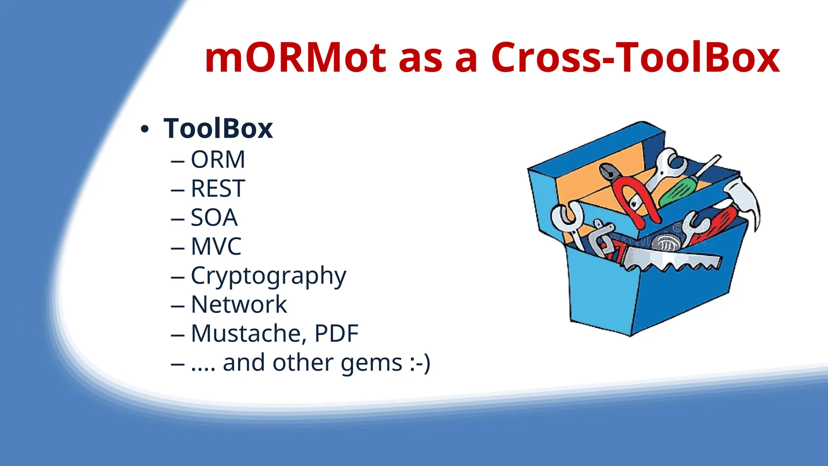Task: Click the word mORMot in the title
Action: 295,59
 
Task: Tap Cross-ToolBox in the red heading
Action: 635,59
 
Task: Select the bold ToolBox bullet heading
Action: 218,129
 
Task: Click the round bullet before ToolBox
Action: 144,130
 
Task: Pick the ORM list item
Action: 218,159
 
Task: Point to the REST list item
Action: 218,189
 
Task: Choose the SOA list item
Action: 214,218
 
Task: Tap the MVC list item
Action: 216,246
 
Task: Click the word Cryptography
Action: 268,276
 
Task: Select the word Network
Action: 239,305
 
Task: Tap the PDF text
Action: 336,334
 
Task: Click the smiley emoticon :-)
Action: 420,363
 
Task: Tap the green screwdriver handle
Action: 677,193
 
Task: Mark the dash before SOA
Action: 177,219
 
